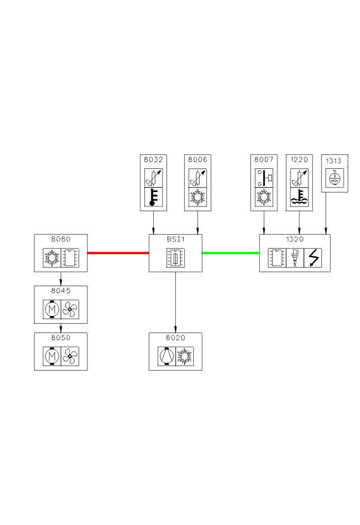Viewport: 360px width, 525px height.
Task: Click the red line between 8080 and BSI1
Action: (x=118, y=253)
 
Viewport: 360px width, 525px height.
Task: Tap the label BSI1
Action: (x=175, y=239)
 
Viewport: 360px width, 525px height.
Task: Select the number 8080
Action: (x=61, y=239)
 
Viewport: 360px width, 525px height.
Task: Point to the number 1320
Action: (x=295, y=239)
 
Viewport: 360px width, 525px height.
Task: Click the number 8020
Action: (x=175, y=338)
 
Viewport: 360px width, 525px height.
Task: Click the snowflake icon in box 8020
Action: (x=185, y=356)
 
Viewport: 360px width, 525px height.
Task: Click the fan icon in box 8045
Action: (x=70, y=309)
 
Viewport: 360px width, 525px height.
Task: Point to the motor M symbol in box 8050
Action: (x=51, y=356)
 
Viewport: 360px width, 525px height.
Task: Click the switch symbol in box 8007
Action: (x=264, y=178)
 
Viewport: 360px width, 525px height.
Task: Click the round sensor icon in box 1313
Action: (x=335, y=178)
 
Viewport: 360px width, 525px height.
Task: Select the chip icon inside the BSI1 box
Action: (x=175, y=257)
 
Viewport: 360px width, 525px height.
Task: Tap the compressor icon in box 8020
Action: (x=166, y=356)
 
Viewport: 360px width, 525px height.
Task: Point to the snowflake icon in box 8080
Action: (x=51, y=257)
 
